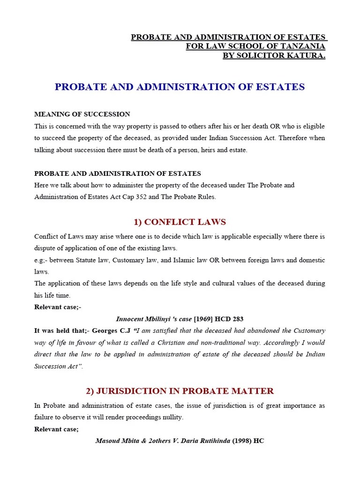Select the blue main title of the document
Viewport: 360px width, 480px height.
click(x=180, y=87)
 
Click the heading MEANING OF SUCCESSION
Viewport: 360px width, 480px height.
click(x=82, y=114)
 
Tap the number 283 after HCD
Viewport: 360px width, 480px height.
click(x=238, y=319)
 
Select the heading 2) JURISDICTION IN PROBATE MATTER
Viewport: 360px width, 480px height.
click(x=180, y=391)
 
